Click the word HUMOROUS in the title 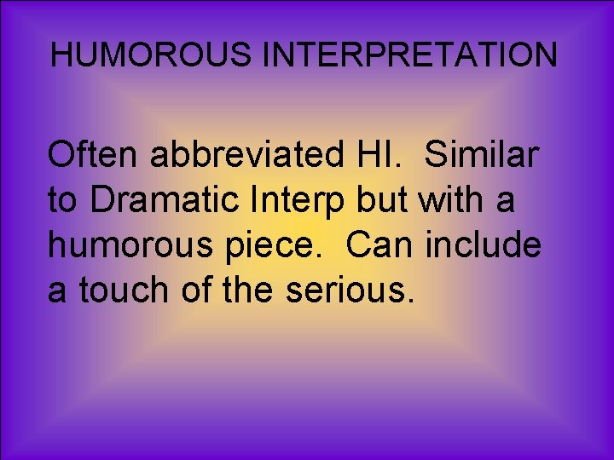click(153, 55)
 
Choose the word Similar click(482, 155)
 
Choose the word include click(484, 245)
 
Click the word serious click(350, 290)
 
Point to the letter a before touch click(57, 292)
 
